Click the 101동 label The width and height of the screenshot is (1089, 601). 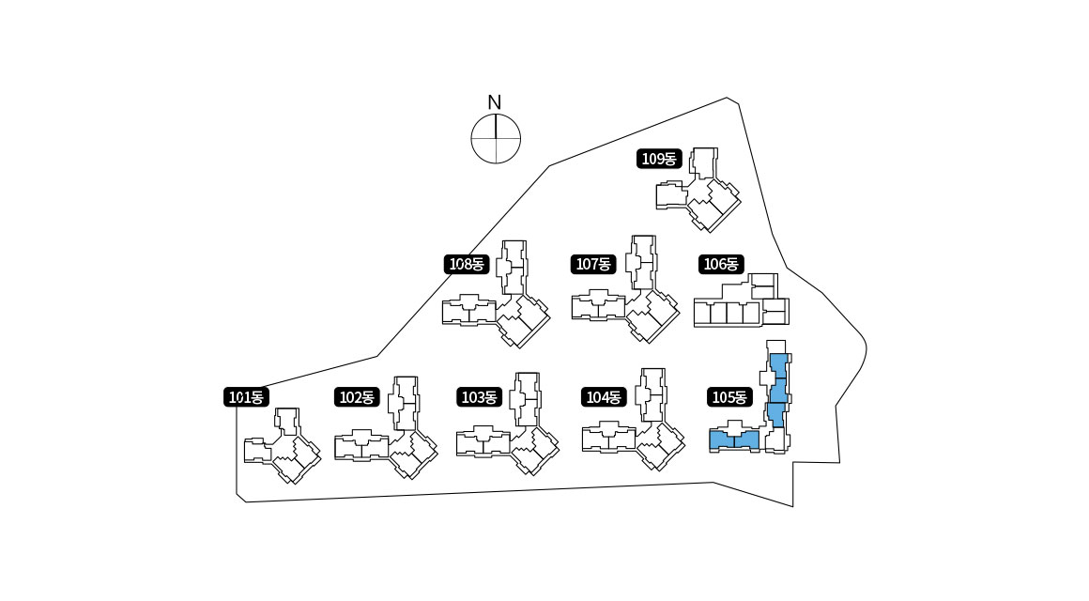[x=247, y=397]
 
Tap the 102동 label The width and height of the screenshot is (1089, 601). [x=357, y=397]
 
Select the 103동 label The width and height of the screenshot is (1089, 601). [x=479, y=397]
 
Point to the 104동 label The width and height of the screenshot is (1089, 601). [x=604, y=397]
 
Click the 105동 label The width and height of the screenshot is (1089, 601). [x=729, y=397]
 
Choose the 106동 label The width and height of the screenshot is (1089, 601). [x=721, y=264]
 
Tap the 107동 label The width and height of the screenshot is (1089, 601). [x=592, y=264]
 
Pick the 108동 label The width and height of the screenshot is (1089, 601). [x=466, y=264]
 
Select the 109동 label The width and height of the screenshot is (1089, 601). [x=659, y=159]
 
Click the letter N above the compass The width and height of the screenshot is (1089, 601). [x=495, y=102]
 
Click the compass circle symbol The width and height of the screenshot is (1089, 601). [x=496, y=138]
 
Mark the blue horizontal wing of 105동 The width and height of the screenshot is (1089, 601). [x=734, y=440]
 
